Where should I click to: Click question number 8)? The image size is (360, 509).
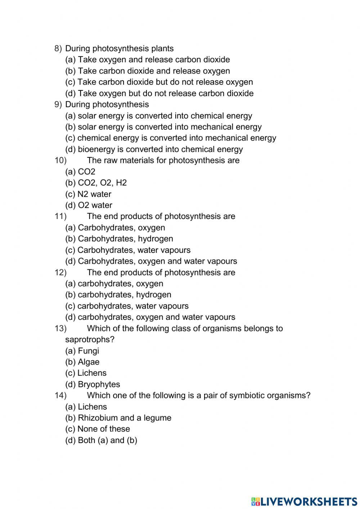click(x=58, y=49)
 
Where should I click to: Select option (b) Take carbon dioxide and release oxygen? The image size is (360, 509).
click(x=147, y=71)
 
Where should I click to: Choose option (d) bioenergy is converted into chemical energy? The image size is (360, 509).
click(x=154, y=149)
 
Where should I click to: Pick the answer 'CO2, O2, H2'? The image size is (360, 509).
click(x=102, y=183)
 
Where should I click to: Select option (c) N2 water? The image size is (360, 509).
click(x=88, y=194)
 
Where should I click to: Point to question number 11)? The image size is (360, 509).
click(x=60, y=216)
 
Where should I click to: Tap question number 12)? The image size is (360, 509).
click(x=60, y=272)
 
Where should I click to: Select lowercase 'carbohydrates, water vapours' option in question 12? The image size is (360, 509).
click(x=127, y=306)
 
